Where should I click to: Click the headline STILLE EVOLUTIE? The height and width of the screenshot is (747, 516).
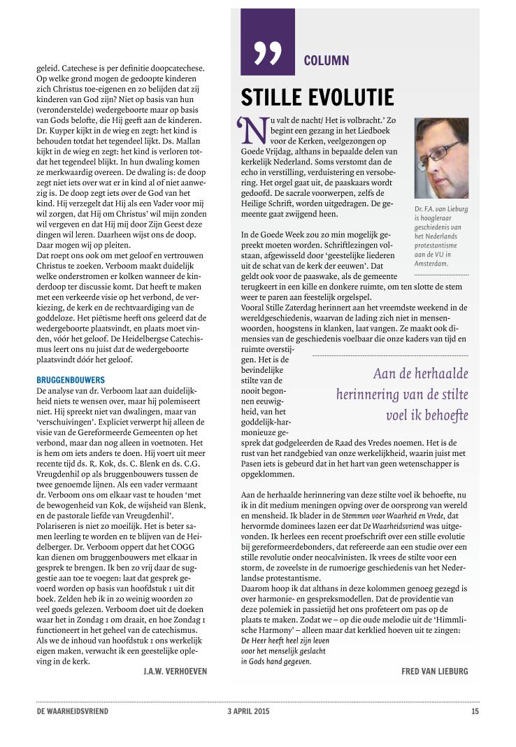pos(317,97)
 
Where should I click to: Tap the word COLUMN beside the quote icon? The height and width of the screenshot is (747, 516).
pos(327,60)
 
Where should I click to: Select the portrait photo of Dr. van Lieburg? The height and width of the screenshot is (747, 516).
pos(441,158)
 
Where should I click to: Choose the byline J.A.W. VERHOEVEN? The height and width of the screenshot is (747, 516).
pos(172,671)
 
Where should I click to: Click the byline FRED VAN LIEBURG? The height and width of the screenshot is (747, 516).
pos(434,671)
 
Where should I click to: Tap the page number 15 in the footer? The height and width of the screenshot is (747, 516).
pos(475,712)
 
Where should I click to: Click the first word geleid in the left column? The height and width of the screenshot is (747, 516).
pos(47,69)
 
